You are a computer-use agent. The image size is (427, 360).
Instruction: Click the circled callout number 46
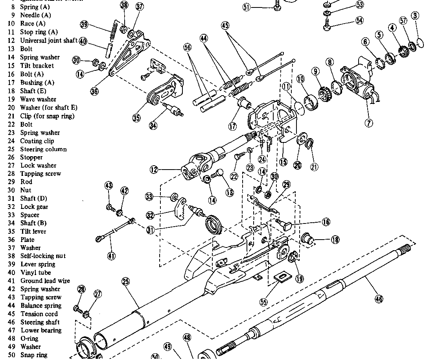pyautogui.click(x=378, y=299)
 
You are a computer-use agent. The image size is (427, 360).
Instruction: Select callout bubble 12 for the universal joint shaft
pyautogui.click(x=154, y=170)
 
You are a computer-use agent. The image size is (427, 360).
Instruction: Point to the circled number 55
pyautogui.click(x=263, y=302)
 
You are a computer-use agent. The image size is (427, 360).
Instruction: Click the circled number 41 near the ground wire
pyautogui.click(x=111, y=256)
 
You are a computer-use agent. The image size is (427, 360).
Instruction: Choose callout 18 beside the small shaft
pyautogui.click(x=335, y=239)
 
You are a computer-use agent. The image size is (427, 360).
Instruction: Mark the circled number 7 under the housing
pyautogui.click(x=368, y=123)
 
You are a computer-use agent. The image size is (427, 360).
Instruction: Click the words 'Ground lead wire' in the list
pyautogui.click(x=45, y=281)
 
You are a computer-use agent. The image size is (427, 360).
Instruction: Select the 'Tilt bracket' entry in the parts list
pyautogui.click(x=37, y=66)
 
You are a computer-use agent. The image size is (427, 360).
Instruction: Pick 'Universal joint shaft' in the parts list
pyautogui.click(x=49, y=41)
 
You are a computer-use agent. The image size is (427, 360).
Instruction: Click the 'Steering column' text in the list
pyautogui.click(x=43, y=149)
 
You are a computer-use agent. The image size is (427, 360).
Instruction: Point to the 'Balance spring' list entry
pyautogui.click(x=41, y=305)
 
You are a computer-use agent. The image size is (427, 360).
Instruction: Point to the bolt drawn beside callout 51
pyautogui.click(x=277, y=5)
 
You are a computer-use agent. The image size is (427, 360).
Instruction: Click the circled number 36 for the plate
pyautogui.click(x=94, y=91)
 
